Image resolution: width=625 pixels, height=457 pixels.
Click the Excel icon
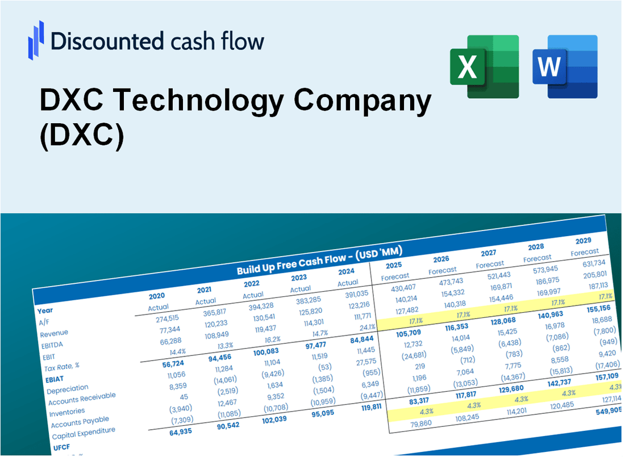click(x=484, y=66)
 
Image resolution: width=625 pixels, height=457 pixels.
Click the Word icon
click(x=565, y=66)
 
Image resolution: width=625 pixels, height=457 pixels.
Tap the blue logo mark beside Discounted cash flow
click(x=36, y=40)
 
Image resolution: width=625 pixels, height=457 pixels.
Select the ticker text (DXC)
click(x=81, y=138)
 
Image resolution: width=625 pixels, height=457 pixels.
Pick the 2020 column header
click(x=157, y=296)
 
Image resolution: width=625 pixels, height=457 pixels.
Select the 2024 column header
click(x=347, y=271)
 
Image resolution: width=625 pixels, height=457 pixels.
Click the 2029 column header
click(x=583, y=240)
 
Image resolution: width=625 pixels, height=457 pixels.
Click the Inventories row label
click(x=68, y=411)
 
